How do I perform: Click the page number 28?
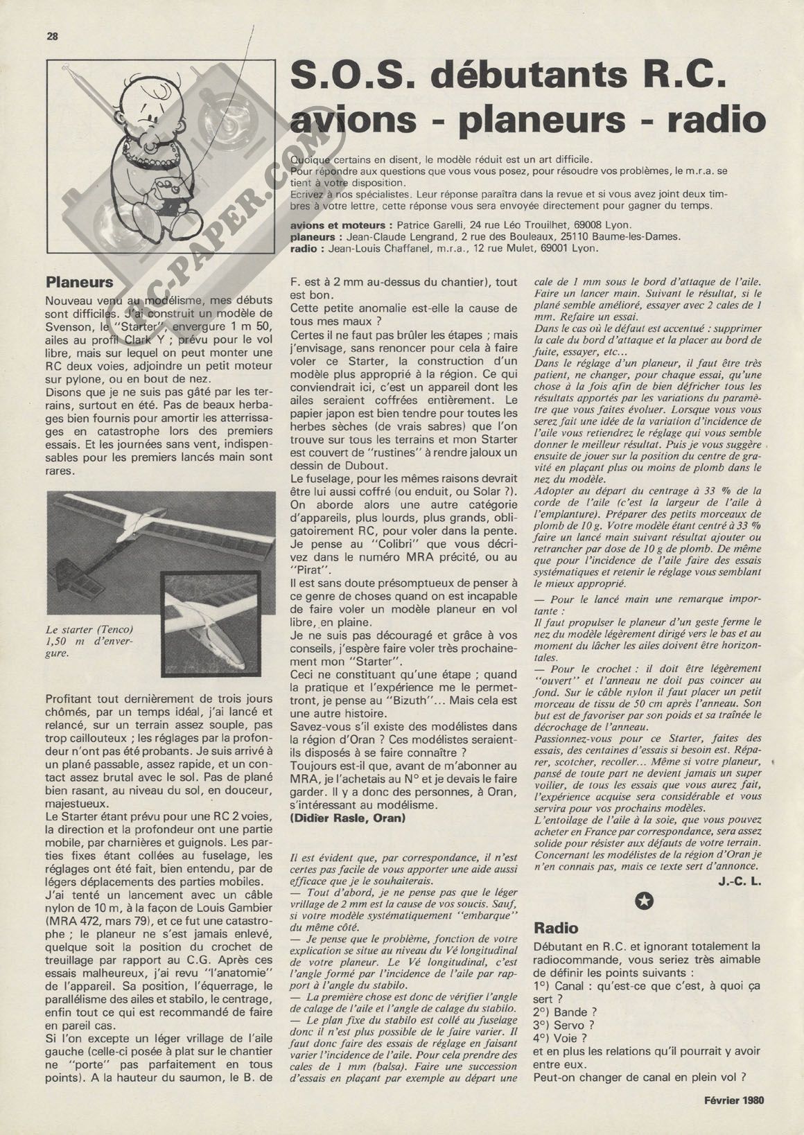pyautogui.click(x=52, y=37)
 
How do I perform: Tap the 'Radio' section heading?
pyautogui.click(x=556, y=928)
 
